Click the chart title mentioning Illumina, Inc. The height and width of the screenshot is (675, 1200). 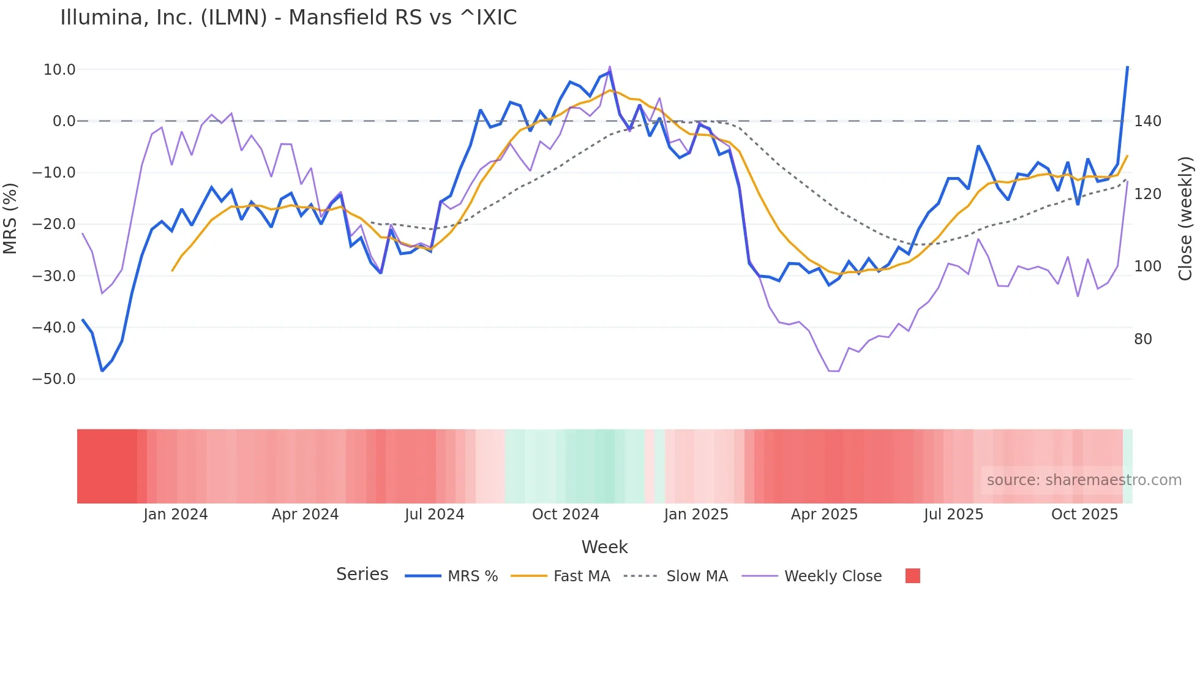click(288, 18)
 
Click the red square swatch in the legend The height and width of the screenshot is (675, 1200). click(912, 576)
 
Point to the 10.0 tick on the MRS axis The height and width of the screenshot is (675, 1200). click(59, 70)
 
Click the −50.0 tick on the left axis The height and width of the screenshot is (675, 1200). click(54, 379)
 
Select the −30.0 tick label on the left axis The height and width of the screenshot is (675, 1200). click(54, 276)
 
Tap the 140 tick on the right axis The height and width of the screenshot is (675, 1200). click(1147, 121)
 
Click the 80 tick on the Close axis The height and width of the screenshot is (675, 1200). click(1143, 339)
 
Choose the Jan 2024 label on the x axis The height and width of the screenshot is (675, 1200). click(176, 515)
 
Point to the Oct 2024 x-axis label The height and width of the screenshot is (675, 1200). click(565, 515)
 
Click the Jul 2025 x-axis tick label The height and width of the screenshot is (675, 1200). click(953, 515)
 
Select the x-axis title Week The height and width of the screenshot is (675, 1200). click(604, 547)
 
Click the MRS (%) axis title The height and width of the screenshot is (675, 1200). click(10, 219)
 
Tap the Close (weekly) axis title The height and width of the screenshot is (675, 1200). click(1186, 219)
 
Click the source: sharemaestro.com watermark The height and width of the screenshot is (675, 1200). click(1084, 480)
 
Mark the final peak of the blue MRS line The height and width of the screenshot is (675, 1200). click(1127, 67)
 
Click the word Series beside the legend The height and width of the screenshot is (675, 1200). click(362, 575)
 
